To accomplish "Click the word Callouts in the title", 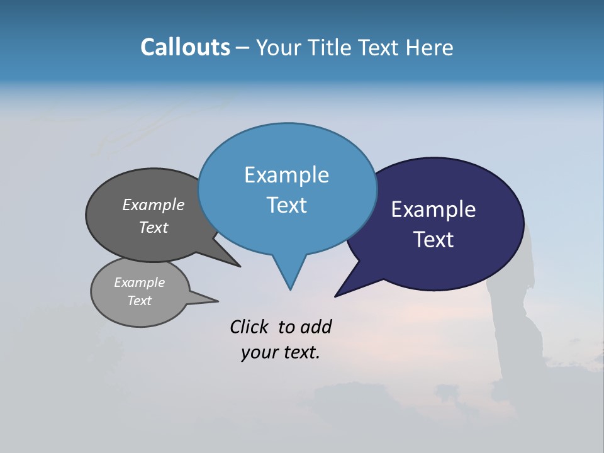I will click(185, 47).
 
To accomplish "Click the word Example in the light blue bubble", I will click(286, 175).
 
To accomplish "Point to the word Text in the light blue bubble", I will click(286, 205).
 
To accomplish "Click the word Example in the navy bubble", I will click(433, 210).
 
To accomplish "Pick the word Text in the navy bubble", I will click(433, 240).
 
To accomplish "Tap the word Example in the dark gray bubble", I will click(154, 205).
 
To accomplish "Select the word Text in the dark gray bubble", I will click(154, 227).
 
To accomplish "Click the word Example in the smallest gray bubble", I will click(139, 282).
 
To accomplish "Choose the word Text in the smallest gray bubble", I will click(139, 301).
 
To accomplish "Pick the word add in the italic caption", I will click(316, 327).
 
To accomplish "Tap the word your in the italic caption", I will click(255, 352).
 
